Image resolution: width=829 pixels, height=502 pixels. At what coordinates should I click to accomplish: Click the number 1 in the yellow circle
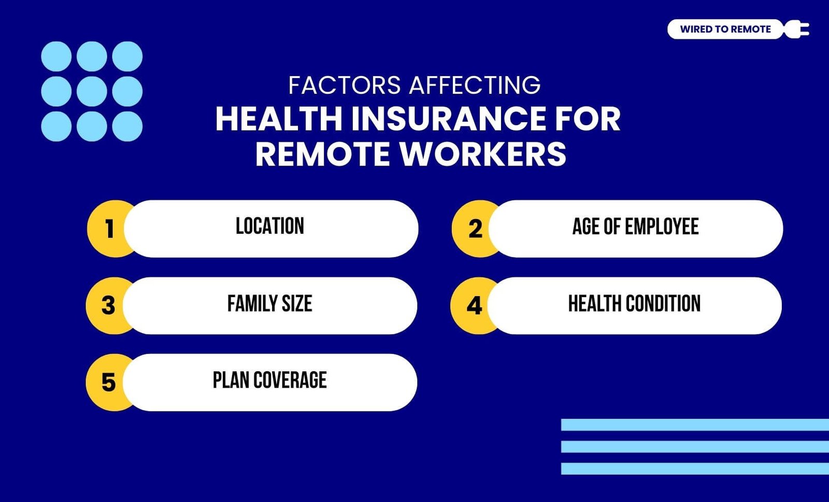[109, 228]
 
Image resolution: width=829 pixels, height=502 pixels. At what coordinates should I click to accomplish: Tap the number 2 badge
[475, 228]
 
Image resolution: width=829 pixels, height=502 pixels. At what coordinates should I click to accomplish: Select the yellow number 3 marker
[108, 305]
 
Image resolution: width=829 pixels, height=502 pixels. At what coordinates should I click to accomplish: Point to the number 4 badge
[474, 305]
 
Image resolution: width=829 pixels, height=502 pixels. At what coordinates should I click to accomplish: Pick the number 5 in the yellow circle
[108, 382]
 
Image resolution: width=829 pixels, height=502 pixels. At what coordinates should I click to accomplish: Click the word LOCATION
[270, 226]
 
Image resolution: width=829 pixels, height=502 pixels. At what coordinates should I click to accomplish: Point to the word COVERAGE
[290, 380]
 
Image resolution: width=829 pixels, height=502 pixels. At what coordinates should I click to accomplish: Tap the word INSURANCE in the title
[448, 119]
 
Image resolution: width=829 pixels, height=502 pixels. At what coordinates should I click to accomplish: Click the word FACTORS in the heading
[345, 85]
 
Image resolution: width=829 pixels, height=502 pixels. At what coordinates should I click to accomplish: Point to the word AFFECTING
[475, 85]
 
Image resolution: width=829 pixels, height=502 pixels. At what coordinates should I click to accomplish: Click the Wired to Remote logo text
[725, 29]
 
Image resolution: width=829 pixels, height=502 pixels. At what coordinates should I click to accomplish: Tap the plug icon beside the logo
[797, 29]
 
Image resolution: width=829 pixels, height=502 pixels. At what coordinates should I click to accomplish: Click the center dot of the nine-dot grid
[92, 91]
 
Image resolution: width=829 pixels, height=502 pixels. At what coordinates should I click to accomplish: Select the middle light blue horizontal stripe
[695, 447]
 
